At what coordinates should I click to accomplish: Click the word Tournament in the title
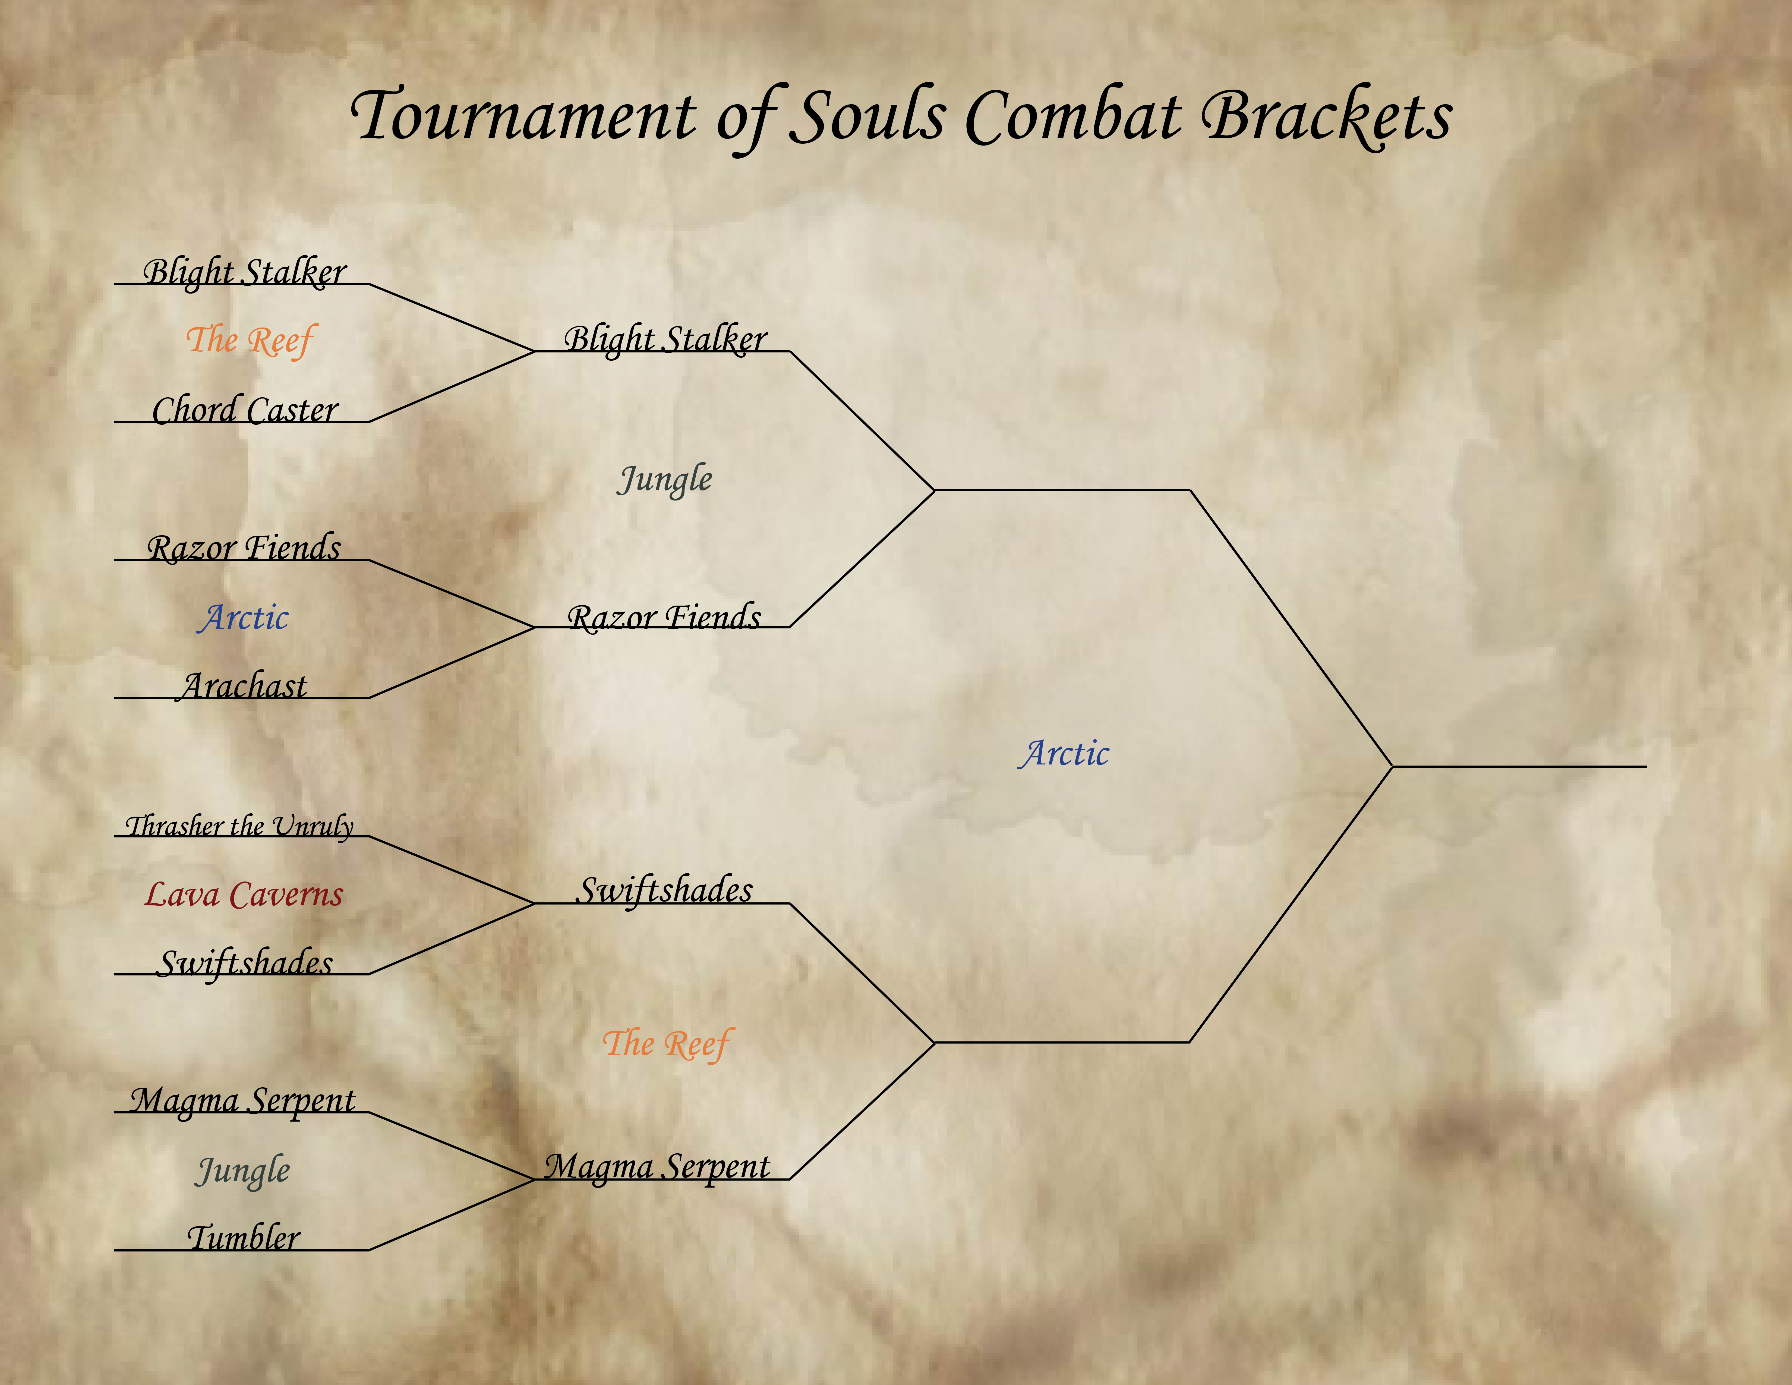tap(523, 117)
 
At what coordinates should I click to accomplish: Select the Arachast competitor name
tap(244, 685)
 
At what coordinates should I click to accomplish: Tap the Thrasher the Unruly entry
tap(239, 825)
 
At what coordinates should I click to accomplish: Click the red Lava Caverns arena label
tap(244, 894)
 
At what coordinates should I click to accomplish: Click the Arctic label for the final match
tap(1063, 753)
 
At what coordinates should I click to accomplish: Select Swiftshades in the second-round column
tap(664, 890)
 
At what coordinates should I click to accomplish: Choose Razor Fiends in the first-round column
tap(244, 547)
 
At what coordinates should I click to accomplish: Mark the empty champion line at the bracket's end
tap(1520, 766)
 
